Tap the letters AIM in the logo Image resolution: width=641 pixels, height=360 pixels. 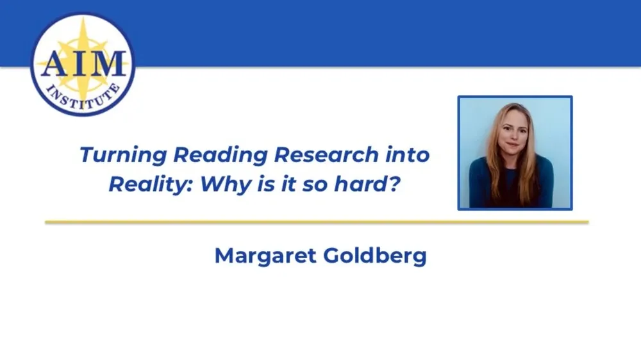[82, 63]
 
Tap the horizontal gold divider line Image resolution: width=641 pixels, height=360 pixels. [317, 222]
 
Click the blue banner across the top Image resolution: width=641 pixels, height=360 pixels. [385, 32]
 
